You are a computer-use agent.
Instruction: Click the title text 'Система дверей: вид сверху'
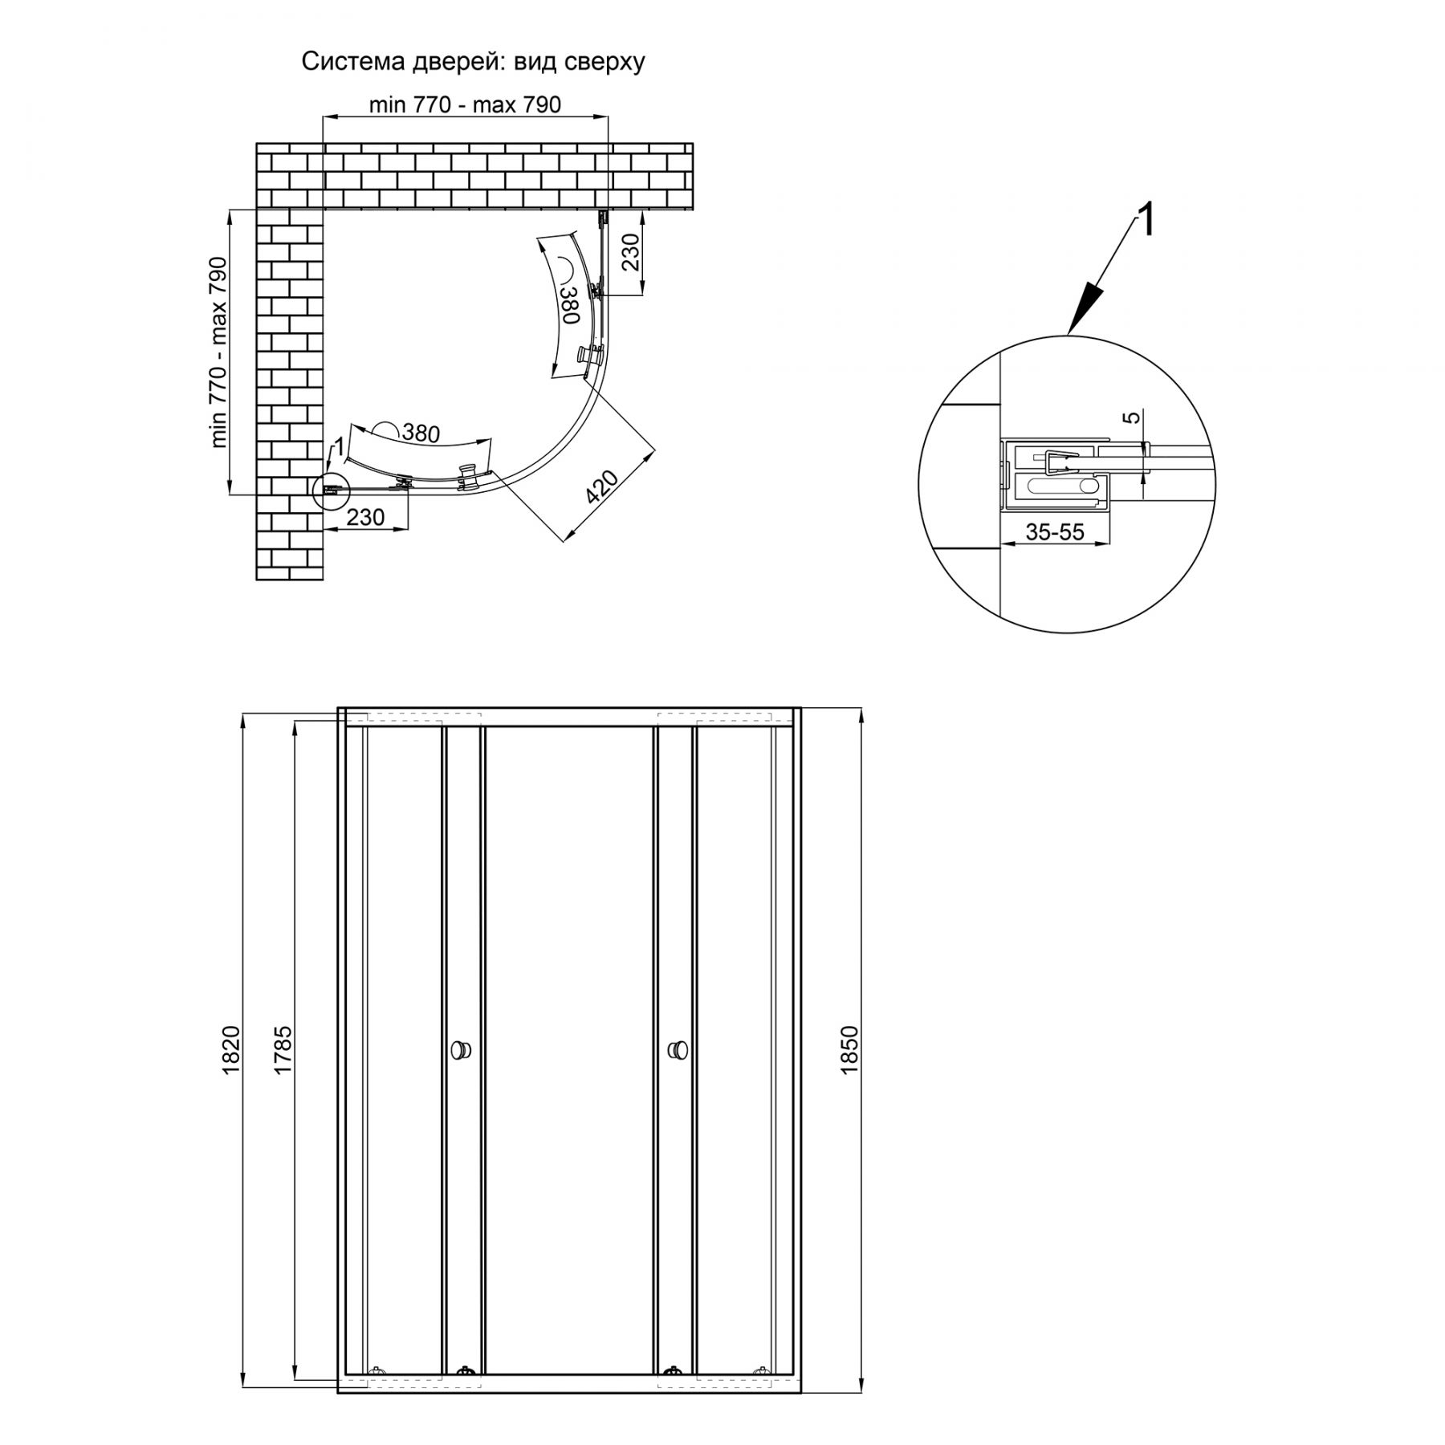pos(473,62)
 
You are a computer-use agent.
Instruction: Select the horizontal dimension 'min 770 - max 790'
pos(465,104)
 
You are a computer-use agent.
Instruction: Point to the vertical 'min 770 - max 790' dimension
pos(218,352)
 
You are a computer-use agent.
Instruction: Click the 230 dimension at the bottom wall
pos(365,517)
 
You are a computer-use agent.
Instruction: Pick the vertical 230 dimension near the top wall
pos(631,252)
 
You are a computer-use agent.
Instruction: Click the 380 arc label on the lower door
pos(421,433)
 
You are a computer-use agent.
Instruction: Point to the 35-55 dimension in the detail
pos(1055,531)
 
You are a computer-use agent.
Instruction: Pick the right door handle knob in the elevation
pos(677,1049)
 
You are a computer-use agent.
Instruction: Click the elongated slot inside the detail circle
pos(1056,486)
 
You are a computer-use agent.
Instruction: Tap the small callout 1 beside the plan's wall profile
pos(339,445)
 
